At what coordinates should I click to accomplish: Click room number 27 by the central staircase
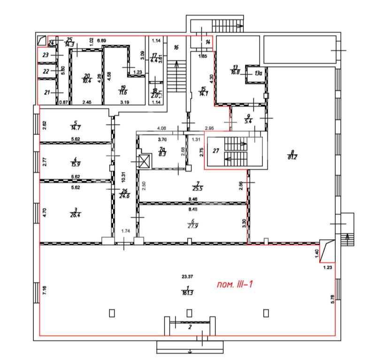click(216, 151)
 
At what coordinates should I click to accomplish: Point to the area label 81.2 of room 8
click(292, 157)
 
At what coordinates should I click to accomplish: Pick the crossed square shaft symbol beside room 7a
click(144, 162)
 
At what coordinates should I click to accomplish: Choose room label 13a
click(258, 73)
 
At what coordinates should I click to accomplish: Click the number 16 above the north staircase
click(177, 47)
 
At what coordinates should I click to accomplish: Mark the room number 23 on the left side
click(46, 55)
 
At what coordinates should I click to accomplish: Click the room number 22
click(46, 72)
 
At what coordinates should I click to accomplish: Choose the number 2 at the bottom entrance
click(190, 327)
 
